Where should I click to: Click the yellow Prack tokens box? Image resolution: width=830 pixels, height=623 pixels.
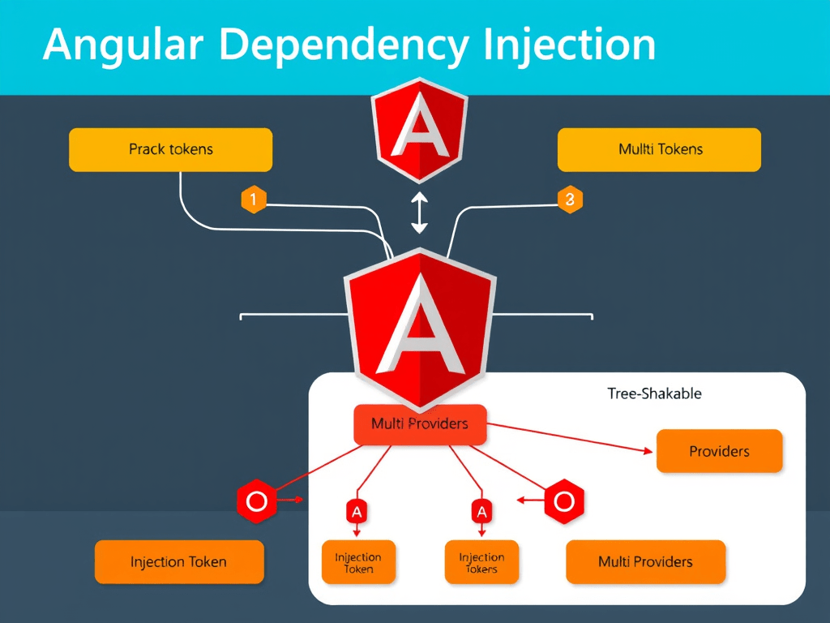170,149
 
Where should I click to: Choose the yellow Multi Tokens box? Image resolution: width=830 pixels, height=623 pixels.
660,149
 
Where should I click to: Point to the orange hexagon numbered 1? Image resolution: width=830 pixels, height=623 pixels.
254,199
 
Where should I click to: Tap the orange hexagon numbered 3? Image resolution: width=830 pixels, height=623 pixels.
570,199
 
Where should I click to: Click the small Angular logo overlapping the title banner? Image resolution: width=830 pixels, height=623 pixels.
419,130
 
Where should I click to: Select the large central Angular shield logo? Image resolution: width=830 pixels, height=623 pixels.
419,324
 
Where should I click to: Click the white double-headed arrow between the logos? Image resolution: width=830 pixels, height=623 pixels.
419,213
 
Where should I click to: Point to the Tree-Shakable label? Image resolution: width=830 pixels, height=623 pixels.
654,393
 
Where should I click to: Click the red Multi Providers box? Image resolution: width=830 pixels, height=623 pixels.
420,424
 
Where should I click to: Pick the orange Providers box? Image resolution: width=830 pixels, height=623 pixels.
719,451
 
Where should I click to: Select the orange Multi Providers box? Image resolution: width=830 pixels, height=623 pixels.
645,561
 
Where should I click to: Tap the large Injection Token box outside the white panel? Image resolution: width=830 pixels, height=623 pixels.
179,561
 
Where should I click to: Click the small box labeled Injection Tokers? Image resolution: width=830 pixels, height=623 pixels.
481,562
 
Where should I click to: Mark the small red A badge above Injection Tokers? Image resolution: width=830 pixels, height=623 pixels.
481,512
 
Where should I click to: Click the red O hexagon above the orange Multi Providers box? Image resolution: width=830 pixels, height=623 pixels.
564,501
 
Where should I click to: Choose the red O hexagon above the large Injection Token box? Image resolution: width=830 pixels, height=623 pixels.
256,501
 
